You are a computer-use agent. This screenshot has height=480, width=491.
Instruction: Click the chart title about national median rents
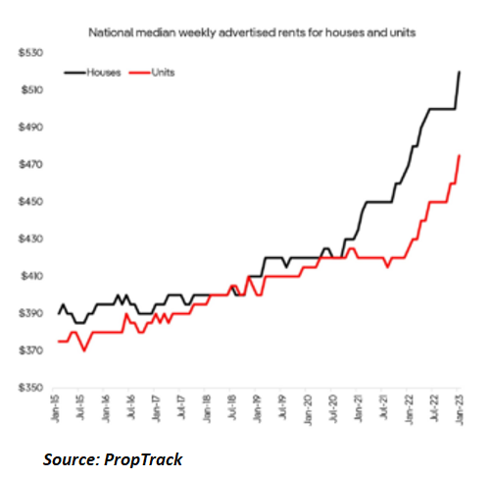[252, 33]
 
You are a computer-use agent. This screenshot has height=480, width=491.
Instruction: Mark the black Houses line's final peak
[460, 73]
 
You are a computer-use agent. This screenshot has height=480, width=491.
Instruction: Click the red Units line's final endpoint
[460, 155]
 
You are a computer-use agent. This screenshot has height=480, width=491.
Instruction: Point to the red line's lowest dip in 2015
[84, 350]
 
